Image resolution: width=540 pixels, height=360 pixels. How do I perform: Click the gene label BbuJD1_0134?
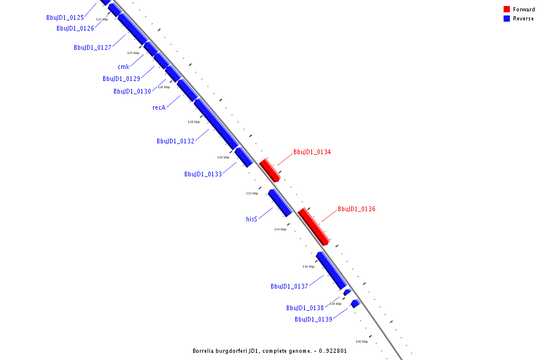(x=312, y=152)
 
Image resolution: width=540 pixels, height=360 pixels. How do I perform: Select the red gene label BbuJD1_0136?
(x=356, y=209)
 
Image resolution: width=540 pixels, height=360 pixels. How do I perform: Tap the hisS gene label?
(x=251, y=219)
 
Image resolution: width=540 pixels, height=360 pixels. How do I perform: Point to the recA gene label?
(x=159, y=107)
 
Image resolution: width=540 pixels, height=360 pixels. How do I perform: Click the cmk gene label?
(x=124, y=67)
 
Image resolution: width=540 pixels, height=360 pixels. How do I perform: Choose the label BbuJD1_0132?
(x=175, y=141)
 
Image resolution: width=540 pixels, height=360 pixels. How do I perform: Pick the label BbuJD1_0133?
(x=203, y=174)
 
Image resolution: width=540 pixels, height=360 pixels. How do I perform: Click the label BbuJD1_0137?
(x=289, y=286)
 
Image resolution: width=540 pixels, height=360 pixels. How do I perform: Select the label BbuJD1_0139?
(x=313, y=319)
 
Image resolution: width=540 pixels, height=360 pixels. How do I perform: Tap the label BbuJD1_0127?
(x=92, y=47)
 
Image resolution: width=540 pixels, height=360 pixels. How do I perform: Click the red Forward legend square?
(x=506, y=9)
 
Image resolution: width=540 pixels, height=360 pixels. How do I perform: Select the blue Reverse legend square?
(x=506, y=19)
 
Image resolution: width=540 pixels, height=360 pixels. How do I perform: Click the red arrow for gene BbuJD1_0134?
(x=269, y=170)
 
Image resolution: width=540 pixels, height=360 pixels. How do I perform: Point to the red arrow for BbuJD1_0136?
(x=313, y=226)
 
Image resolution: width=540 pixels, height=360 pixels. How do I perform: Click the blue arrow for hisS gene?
(x=280, y=202)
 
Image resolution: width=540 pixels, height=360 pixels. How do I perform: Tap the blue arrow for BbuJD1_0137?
(x=331, y=270)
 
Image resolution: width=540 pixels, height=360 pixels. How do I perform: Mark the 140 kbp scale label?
(x=361, y=341)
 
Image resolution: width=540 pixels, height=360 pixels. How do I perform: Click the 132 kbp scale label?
(x=252, y=193)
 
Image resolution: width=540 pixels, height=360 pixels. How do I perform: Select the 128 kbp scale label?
(x=193, y=122)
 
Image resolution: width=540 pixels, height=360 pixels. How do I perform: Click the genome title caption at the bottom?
(x=269, y=351)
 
